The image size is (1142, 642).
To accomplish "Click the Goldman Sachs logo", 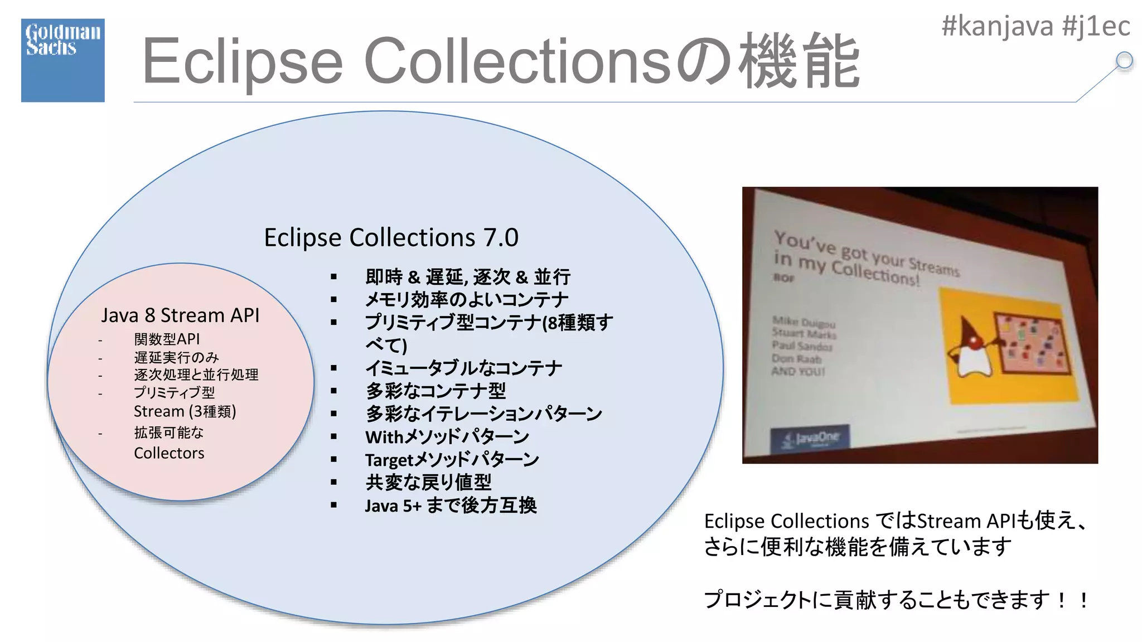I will tap(62, 60).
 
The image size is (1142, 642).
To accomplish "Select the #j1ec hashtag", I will tap(1096, 26).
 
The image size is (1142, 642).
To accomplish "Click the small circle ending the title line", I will tap(1124, 60).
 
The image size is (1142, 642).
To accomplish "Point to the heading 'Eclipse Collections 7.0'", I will tap(391, 238).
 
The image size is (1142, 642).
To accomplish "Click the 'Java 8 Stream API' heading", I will tap(180, 315).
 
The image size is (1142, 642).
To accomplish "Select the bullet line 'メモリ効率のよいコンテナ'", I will tap(466, 300).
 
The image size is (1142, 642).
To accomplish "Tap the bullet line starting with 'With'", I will tap(447, 437).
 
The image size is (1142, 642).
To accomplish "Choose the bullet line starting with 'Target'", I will tap(452, 460).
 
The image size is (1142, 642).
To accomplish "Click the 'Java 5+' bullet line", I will tap(451, 505).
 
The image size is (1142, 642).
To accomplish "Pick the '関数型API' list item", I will tap(167, 339).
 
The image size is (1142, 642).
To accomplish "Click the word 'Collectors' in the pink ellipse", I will tap(169, 453).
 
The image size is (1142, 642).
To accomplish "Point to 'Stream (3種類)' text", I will tap(185, 412).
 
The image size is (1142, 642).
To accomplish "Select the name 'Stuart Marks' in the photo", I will tap(804, 334).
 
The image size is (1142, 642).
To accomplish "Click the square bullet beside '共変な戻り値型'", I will tap(333, 482).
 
